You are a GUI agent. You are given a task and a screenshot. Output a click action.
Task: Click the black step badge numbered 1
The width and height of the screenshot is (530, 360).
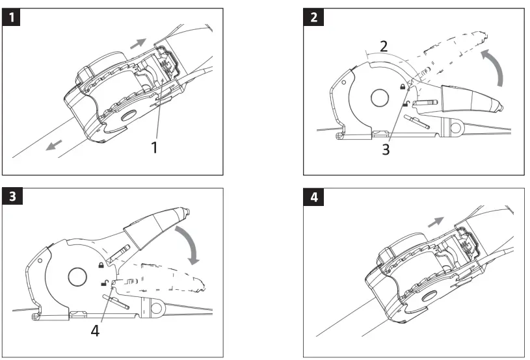pyautogui.click(x=12, y=18)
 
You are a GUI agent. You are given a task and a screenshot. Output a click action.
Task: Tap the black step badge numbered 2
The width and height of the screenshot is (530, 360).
pyautogui.click(x=314, y=18)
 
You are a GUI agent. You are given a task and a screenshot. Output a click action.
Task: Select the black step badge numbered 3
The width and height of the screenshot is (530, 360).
pyautogui.click(x=12, y=197)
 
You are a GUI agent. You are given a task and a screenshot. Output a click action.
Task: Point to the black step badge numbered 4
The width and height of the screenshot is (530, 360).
pyautogui.click(x=314, y=197)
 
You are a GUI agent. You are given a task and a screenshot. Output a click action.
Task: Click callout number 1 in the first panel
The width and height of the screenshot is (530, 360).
pyautogui.click(x=154, y=148)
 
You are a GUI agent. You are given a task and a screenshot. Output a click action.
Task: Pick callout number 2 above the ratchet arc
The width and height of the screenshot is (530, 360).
pyautogui.click(x=384, y=45)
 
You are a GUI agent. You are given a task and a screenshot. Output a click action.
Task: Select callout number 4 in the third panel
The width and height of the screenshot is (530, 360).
pyautogui.click(x=95, y=331)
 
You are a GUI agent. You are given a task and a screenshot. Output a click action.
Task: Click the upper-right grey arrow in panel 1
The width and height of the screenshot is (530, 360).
pyautogui.click(x=138, y=43)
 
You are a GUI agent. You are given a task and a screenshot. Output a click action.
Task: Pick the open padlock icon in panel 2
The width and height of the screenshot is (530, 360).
pyautogui.click(x=405, y=103)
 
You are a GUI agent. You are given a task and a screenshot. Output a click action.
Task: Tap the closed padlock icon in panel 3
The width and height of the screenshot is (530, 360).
pyautogui.click(x=101, y=265)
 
